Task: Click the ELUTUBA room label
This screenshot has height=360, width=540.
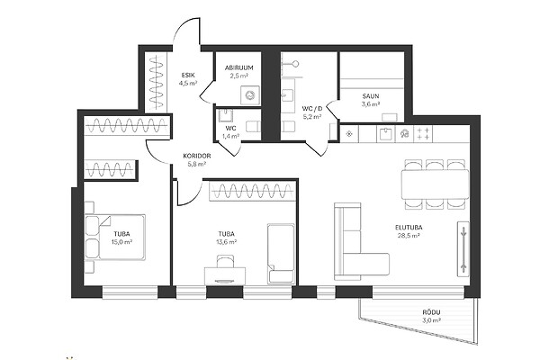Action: [x=409, y=228]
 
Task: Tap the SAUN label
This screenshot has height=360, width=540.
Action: [x=371, y=96]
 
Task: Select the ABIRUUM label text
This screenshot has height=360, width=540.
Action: [x=239, y=67]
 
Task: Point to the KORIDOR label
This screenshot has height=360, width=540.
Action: [x=197, y=156]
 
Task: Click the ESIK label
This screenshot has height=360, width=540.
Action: [x=188, y=75]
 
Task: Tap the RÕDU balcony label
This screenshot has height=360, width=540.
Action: [x=431, y=312]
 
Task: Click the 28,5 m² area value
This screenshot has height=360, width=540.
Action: [x=409, y=236]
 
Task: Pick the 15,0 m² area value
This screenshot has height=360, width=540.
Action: [x=121, y=242]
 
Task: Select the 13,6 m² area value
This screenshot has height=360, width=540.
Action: [x=226, y=242]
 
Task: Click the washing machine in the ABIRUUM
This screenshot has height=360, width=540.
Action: [x=250, y=94]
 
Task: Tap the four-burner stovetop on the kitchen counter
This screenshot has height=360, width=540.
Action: [x=423, y=134]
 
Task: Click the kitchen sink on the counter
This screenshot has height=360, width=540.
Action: [x=386, y=134]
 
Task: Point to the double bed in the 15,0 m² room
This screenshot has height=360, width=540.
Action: [x=114, y=237]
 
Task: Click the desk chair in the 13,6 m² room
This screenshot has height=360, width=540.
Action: [x=225, y=261]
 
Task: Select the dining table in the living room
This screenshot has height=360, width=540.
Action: [x=435, y=184]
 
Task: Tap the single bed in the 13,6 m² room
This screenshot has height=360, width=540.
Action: [x=281, y=254]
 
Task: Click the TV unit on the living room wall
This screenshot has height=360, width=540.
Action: [x=463, y=249]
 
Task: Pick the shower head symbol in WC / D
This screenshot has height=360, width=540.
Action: [x=295, y=64]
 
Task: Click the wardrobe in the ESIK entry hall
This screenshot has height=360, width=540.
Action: [x=156, y=83]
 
